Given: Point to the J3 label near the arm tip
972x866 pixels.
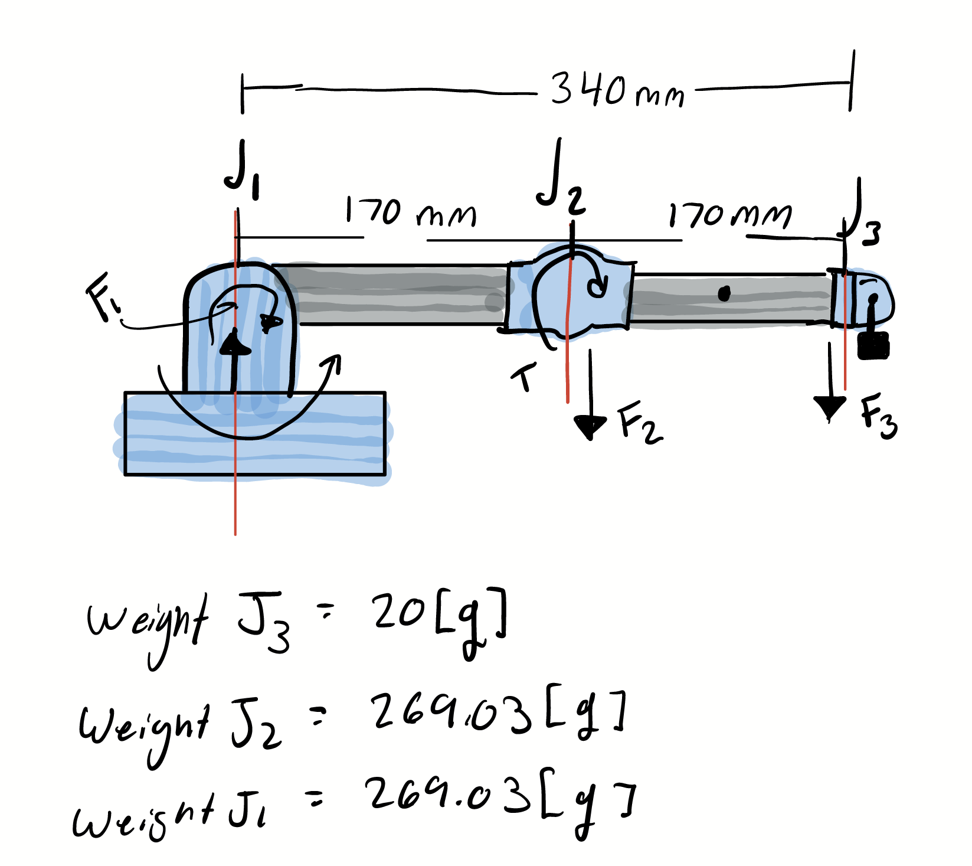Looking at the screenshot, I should (863, 221).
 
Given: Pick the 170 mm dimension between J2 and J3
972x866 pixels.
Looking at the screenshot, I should (729, 215).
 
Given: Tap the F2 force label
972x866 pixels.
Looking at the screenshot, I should (639, 422).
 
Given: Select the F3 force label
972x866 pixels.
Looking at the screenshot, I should (878, 416).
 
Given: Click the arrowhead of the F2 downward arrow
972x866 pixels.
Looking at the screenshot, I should (590, 426).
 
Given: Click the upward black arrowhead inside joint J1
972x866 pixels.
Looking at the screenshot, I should (234, 344).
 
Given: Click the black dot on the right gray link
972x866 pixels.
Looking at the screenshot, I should (724, 293).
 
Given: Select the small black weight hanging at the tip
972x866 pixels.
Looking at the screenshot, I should (873, 345).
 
